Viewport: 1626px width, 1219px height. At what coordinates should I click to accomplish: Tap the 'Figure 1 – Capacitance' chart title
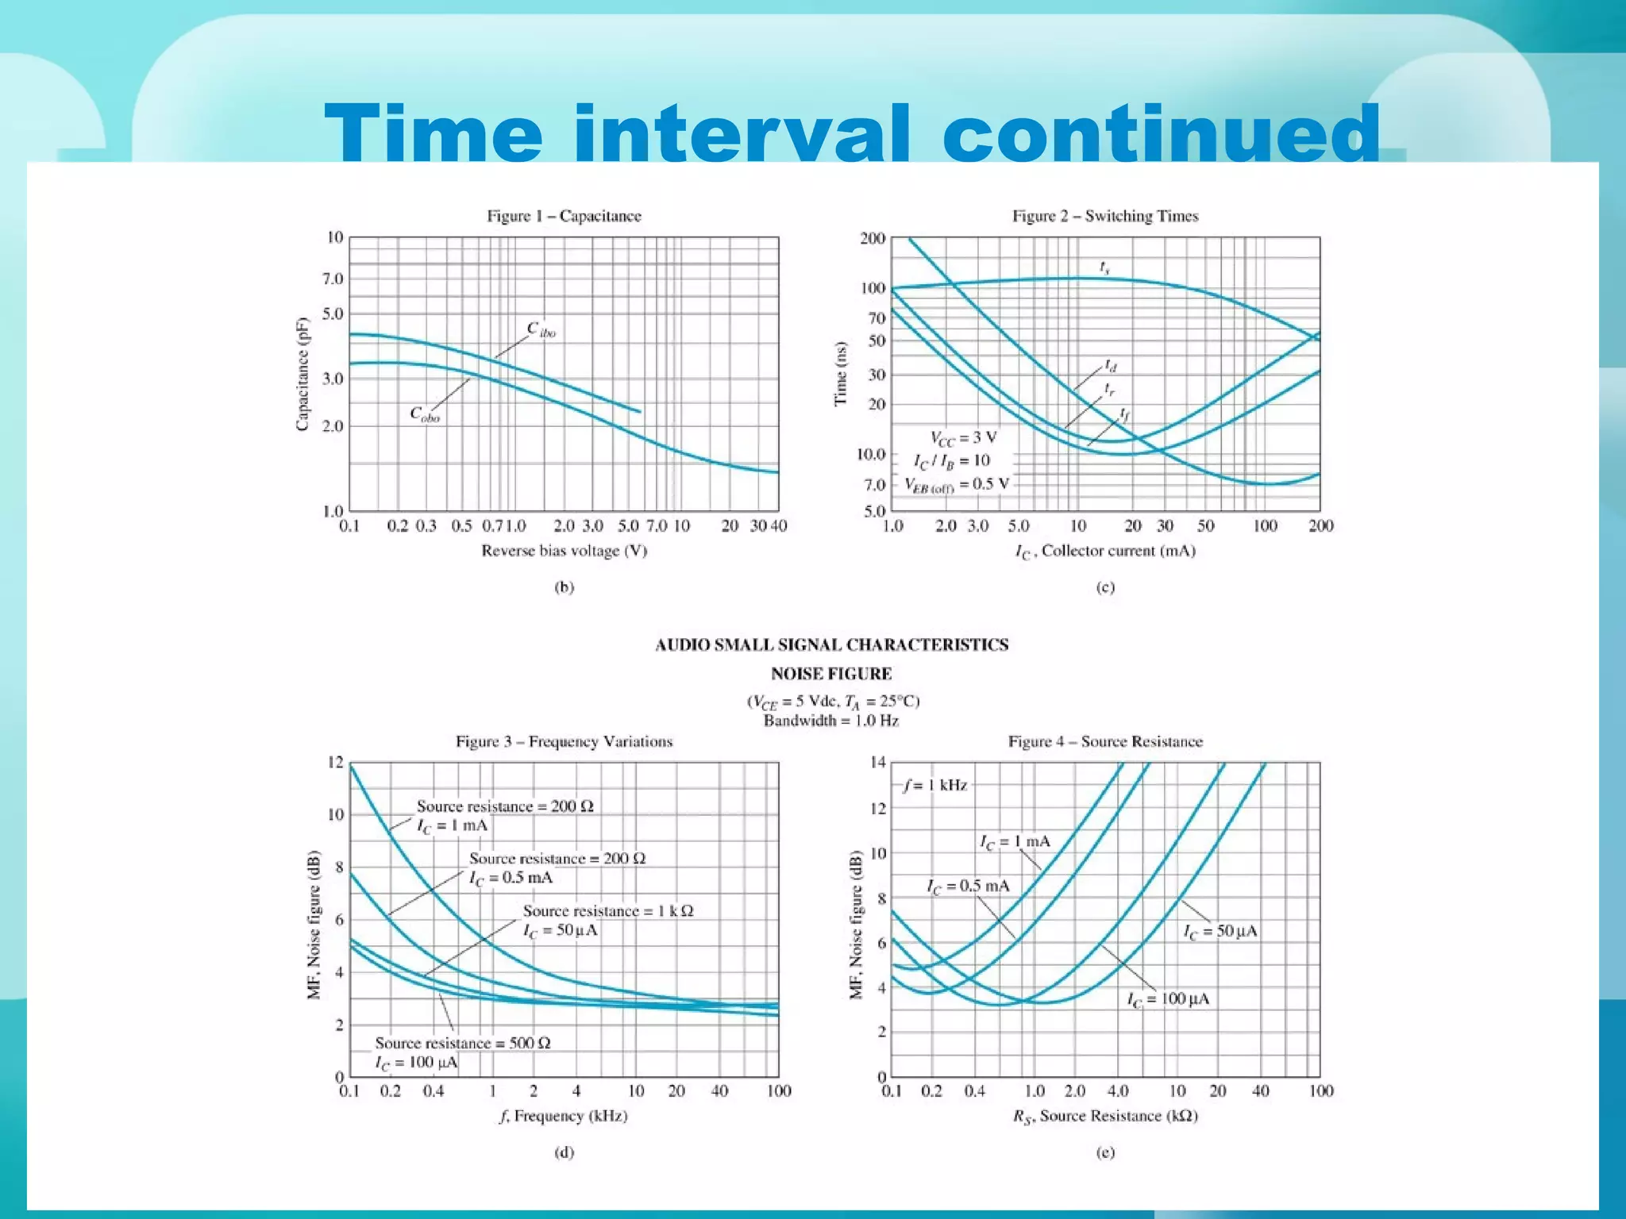(x=564, y=216)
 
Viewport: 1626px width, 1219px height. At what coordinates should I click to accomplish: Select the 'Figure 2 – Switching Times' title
(x=1105, y=216)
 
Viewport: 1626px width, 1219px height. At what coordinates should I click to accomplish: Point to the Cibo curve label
(x=541, y=329)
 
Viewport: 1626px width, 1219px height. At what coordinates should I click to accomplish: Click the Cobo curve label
(x=425, y=414)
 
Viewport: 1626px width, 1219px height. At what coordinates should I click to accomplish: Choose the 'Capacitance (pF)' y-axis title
(x=302, y=374)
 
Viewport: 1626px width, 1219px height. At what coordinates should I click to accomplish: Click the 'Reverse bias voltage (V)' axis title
(x=564, y=551)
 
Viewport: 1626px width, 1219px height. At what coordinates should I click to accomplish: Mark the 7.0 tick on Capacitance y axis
(x=333, y=279)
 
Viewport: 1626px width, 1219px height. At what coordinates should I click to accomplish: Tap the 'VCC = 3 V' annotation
(x=963, y=437)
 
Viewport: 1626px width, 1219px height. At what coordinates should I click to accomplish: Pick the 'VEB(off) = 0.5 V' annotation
(x=957, y=485)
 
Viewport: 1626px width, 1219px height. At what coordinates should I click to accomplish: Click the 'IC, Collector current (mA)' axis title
(x=1105, y=552)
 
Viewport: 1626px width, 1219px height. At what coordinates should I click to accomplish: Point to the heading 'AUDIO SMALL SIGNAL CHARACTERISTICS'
(x=831, y=644)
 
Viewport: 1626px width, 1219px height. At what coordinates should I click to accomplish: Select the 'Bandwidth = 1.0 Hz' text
(x=830, y=721)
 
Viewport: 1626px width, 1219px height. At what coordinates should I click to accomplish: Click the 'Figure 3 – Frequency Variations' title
(x=564, y=741)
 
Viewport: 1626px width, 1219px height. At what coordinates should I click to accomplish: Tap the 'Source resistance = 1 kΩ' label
(x=607, y=910)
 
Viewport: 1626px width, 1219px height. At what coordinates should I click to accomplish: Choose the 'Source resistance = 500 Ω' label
(x=463, y=1043)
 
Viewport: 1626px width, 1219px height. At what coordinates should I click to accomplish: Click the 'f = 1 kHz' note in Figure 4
(x=935, y=786)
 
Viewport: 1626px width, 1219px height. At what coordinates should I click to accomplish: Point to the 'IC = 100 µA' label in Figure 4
(x=1168, y=999)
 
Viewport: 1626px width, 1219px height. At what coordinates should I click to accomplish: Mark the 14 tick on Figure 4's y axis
(x=877, y=763)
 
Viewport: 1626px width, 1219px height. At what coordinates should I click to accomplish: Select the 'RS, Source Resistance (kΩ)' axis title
(x=1105, y=1117)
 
